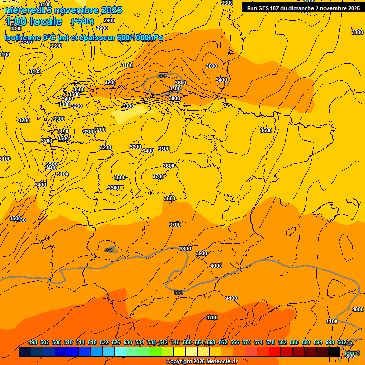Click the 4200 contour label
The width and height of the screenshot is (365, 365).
212,317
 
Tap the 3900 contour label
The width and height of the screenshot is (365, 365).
202,253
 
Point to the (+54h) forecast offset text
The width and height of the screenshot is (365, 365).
82,21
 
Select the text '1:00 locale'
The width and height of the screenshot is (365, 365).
34,21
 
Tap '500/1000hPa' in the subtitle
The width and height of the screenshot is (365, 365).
140,38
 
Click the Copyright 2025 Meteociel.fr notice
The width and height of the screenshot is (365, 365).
201,362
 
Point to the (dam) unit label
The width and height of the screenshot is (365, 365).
352,353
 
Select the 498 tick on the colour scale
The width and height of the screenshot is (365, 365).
33,343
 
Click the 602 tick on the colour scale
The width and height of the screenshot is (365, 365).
341,343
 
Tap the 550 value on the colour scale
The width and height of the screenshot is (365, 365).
187,343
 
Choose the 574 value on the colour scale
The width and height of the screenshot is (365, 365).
259,343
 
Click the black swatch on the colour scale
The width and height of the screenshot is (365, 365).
334,352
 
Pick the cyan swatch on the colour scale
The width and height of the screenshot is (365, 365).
120,352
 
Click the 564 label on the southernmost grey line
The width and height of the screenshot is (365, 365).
179,292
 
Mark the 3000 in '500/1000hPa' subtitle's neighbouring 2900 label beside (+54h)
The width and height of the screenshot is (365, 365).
109,20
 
